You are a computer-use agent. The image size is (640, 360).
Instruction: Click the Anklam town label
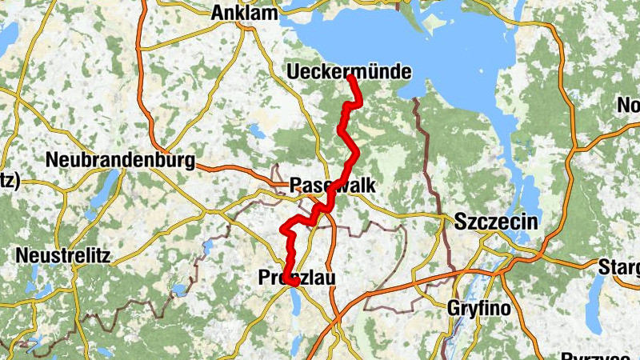click(x=244, y=13)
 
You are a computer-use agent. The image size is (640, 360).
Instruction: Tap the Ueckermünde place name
click(x=349, y=72)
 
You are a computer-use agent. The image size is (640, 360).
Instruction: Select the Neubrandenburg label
click(x=120, y=161)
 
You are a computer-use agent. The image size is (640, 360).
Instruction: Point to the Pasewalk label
click(x=332, y=185)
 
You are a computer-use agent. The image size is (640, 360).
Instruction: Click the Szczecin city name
click(x=495, y=223)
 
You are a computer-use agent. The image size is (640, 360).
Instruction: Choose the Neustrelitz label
click(x=63, y=257)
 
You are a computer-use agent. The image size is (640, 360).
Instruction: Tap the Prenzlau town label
click(x=297, y=278)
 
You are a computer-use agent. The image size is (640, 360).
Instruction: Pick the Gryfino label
click(x=481, y=307)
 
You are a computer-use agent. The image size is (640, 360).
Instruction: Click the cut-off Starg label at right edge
click(x=619, y=266)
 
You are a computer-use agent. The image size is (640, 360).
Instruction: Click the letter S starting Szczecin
click(x=461, y=223)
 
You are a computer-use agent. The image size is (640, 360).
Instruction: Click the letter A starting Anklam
click(x=218, y=13)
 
